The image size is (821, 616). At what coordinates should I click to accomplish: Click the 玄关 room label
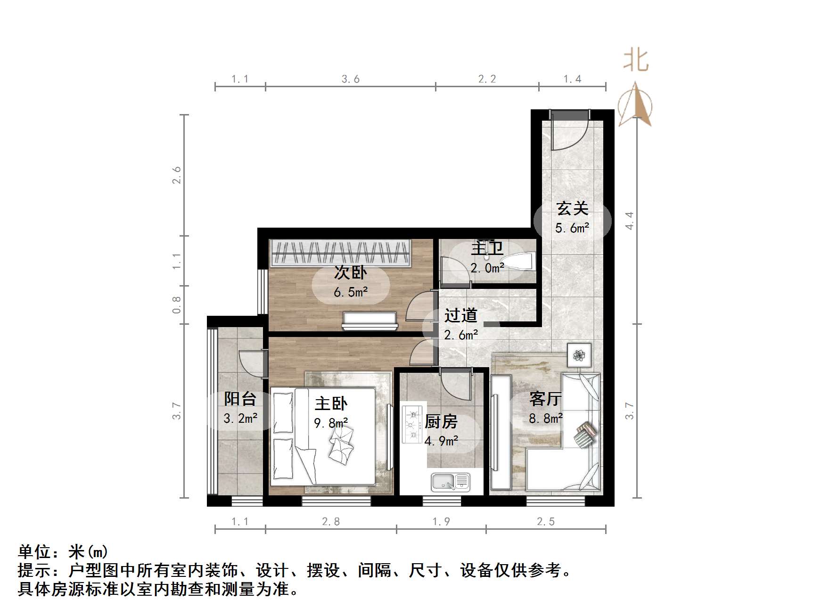[572, 208]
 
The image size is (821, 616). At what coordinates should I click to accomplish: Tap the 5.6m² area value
[572, 229]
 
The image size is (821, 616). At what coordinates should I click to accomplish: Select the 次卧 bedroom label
[351, 272]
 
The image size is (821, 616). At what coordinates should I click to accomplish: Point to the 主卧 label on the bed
[331, 403]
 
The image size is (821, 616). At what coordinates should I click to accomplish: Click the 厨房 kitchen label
[441, 421]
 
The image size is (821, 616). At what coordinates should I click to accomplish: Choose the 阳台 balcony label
[240, 399]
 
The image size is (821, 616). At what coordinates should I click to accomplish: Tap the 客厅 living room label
[545, 399]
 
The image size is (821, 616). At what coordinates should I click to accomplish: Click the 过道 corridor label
[460, 315]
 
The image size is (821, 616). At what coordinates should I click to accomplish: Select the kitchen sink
[450, 482]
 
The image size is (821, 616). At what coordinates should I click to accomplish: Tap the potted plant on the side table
[579, 354]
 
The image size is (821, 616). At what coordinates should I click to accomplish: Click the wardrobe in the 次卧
[340, 252]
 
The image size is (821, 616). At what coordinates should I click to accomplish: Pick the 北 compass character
[636, 61]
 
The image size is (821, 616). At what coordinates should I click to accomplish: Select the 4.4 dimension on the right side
[629, 220]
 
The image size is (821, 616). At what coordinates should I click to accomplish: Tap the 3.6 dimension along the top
[350, 79]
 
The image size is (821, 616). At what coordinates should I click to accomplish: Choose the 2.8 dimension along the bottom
[330, 521]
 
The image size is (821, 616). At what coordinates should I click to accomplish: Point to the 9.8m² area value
[331, 423]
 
